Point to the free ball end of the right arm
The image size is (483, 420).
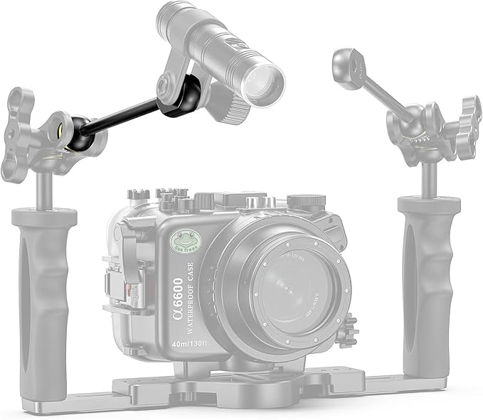click(345, 68)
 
